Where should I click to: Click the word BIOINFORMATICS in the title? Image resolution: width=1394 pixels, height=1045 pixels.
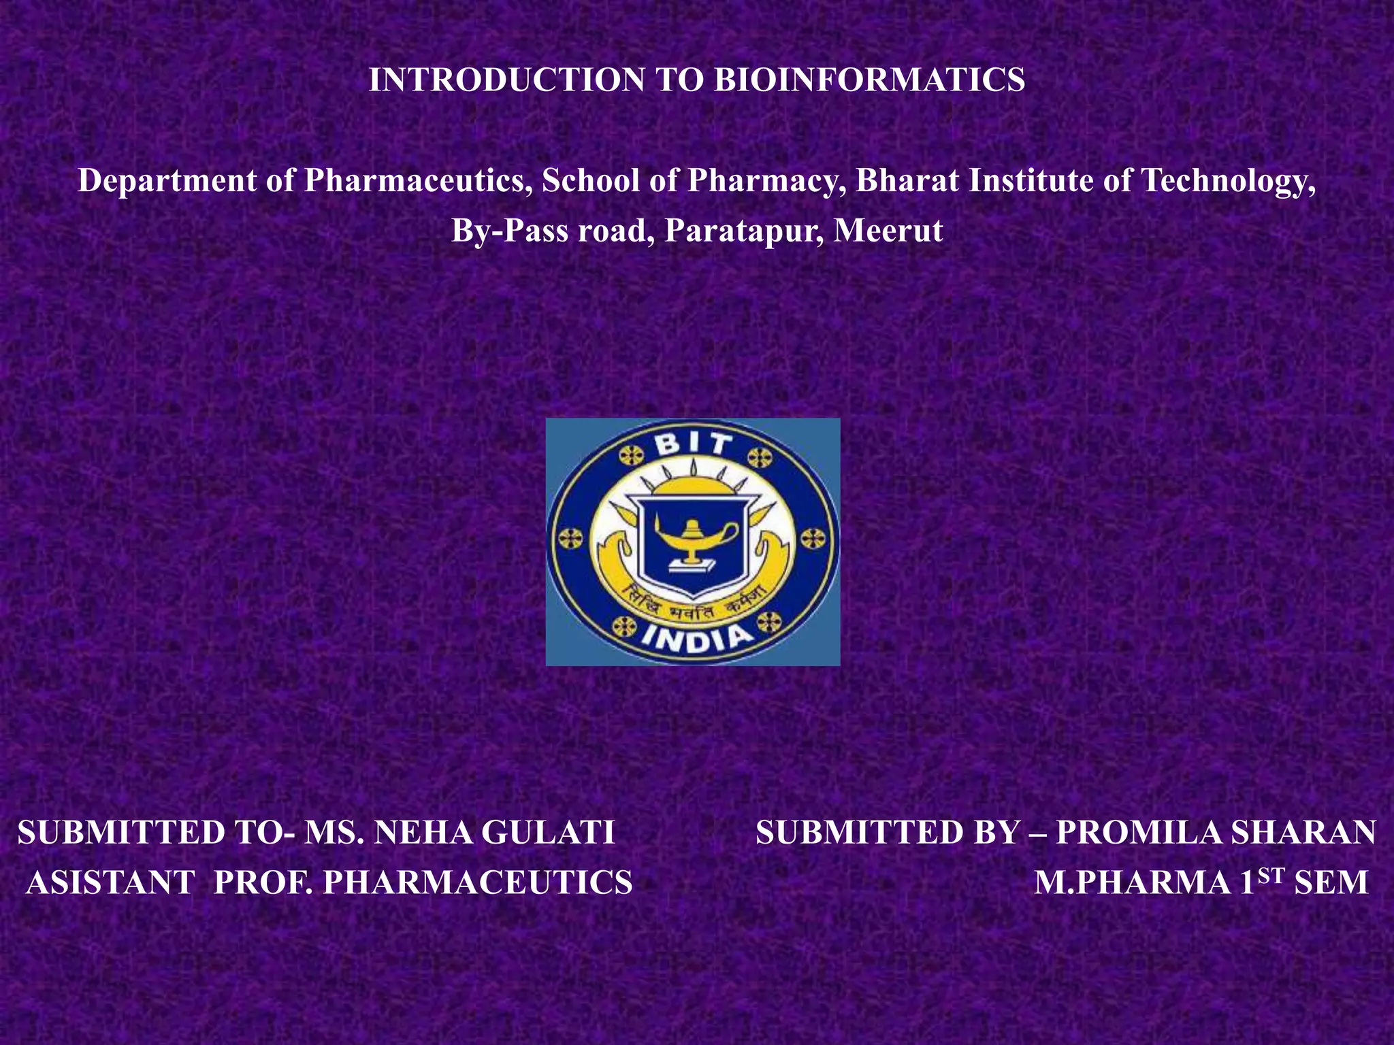[869, 80]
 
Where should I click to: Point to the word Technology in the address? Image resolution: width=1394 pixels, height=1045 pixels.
[1227, 181]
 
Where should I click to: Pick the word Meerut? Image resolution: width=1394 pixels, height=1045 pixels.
[888, 231]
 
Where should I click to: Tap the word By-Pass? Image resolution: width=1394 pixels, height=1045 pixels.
[510, 231]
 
